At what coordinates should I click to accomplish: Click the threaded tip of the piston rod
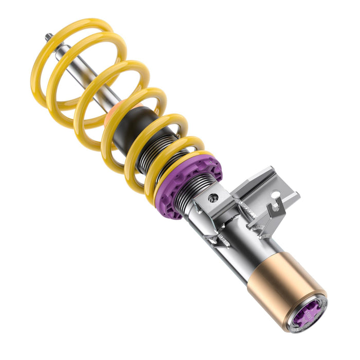(48, 37)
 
